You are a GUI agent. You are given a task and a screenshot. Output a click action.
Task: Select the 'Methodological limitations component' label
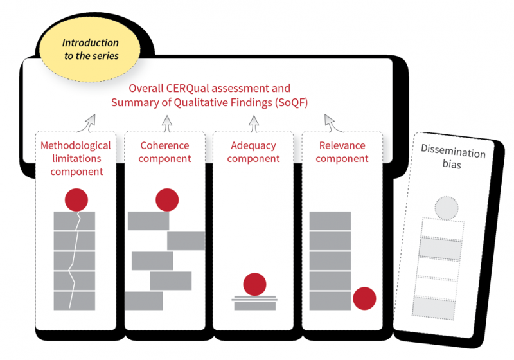(x=76, y=158)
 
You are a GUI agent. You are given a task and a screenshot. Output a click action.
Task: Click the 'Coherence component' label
(x=164, y=152)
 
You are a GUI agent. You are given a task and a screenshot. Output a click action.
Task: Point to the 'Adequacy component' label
(x=253, y=152)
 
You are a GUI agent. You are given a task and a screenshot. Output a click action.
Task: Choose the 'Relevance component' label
(x=342, y=152)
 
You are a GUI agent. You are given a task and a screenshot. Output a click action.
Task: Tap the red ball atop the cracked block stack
(x=76, y=200)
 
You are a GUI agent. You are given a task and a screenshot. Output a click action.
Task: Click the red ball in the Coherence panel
(x=167, y=200)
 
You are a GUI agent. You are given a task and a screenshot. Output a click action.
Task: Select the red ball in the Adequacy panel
(x=255, y=284)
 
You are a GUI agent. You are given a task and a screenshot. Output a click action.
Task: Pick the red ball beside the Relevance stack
(x=364, y=298)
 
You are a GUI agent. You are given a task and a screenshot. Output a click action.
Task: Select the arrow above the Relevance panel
(x=330, y=121)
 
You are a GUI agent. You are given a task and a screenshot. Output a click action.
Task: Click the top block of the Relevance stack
(x=330, y=221)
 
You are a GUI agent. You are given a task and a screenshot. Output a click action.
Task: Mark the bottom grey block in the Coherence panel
(x=143, y=300)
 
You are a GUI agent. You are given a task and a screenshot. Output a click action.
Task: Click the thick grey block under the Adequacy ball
(x=255, y=306)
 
